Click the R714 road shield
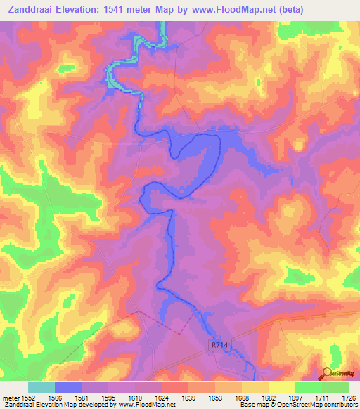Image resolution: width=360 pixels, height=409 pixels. click(x=219, y=346)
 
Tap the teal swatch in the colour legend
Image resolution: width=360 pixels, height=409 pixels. click(x=41, y=387)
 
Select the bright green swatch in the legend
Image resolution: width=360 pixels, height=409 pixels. click(x=309, y=387)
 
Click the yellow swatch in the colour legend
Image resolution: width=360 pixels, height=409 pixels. click(x=282, y=387)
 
